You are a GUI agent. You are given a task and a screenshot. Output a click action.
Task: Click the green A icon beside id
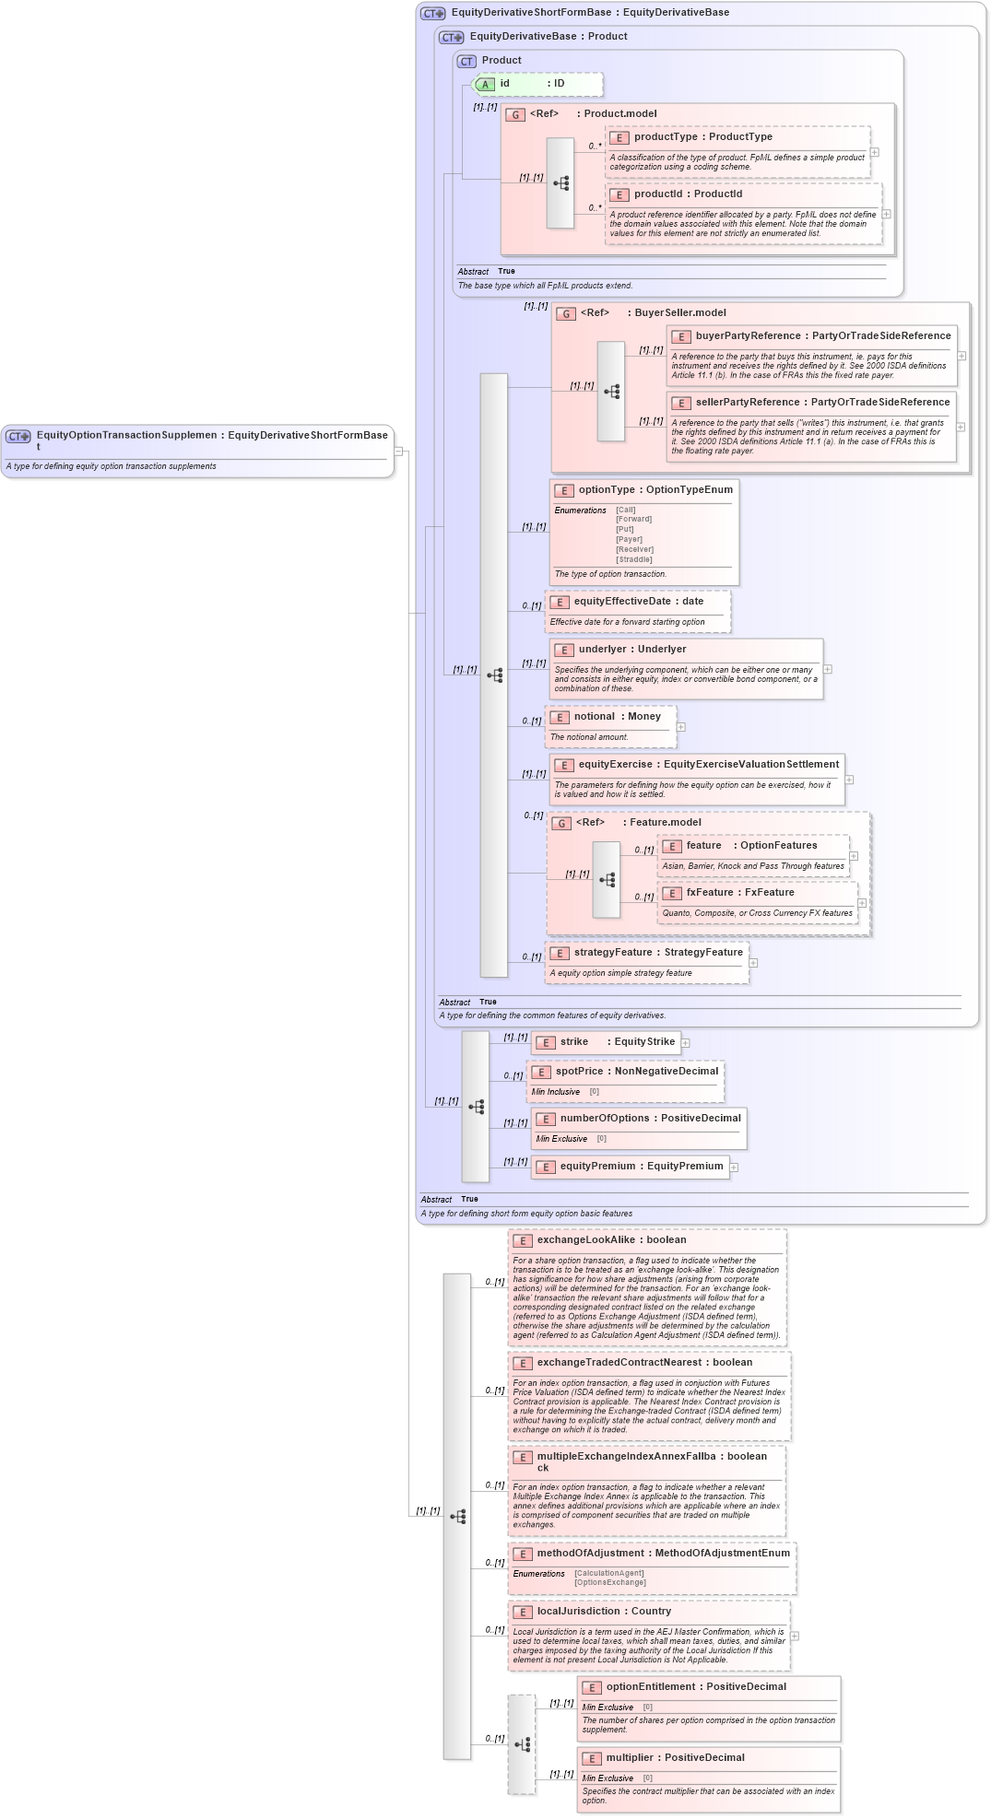click(x=485, y=84)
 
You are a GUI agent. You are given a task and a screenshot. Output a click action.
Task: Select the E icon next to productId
click(x=619, y=194)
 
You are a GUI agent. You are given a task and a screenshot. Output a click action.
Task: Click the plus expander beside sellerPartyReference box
click(x=961, y=427)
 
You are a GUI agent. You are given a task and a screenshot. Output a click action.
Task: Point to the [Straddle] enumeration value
click(x=634, y=559)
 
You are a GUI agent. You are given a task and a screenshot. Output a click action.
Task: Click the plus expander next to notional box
click(x=680, y=727)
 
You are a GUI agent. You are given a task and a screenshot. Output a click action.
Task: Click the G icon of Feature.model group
click(x=561, y=823)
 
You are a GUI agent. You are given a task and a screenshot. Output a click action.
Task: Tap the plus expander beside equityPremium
click(x=734, y=1168)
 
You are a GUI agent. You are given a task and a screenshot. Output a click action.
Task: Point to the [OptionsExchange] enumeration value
click(x=609, y=1582)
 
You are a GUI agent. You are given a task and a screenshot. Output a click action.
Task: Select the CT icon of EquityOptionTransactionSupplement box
click(x=18, y=436)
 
